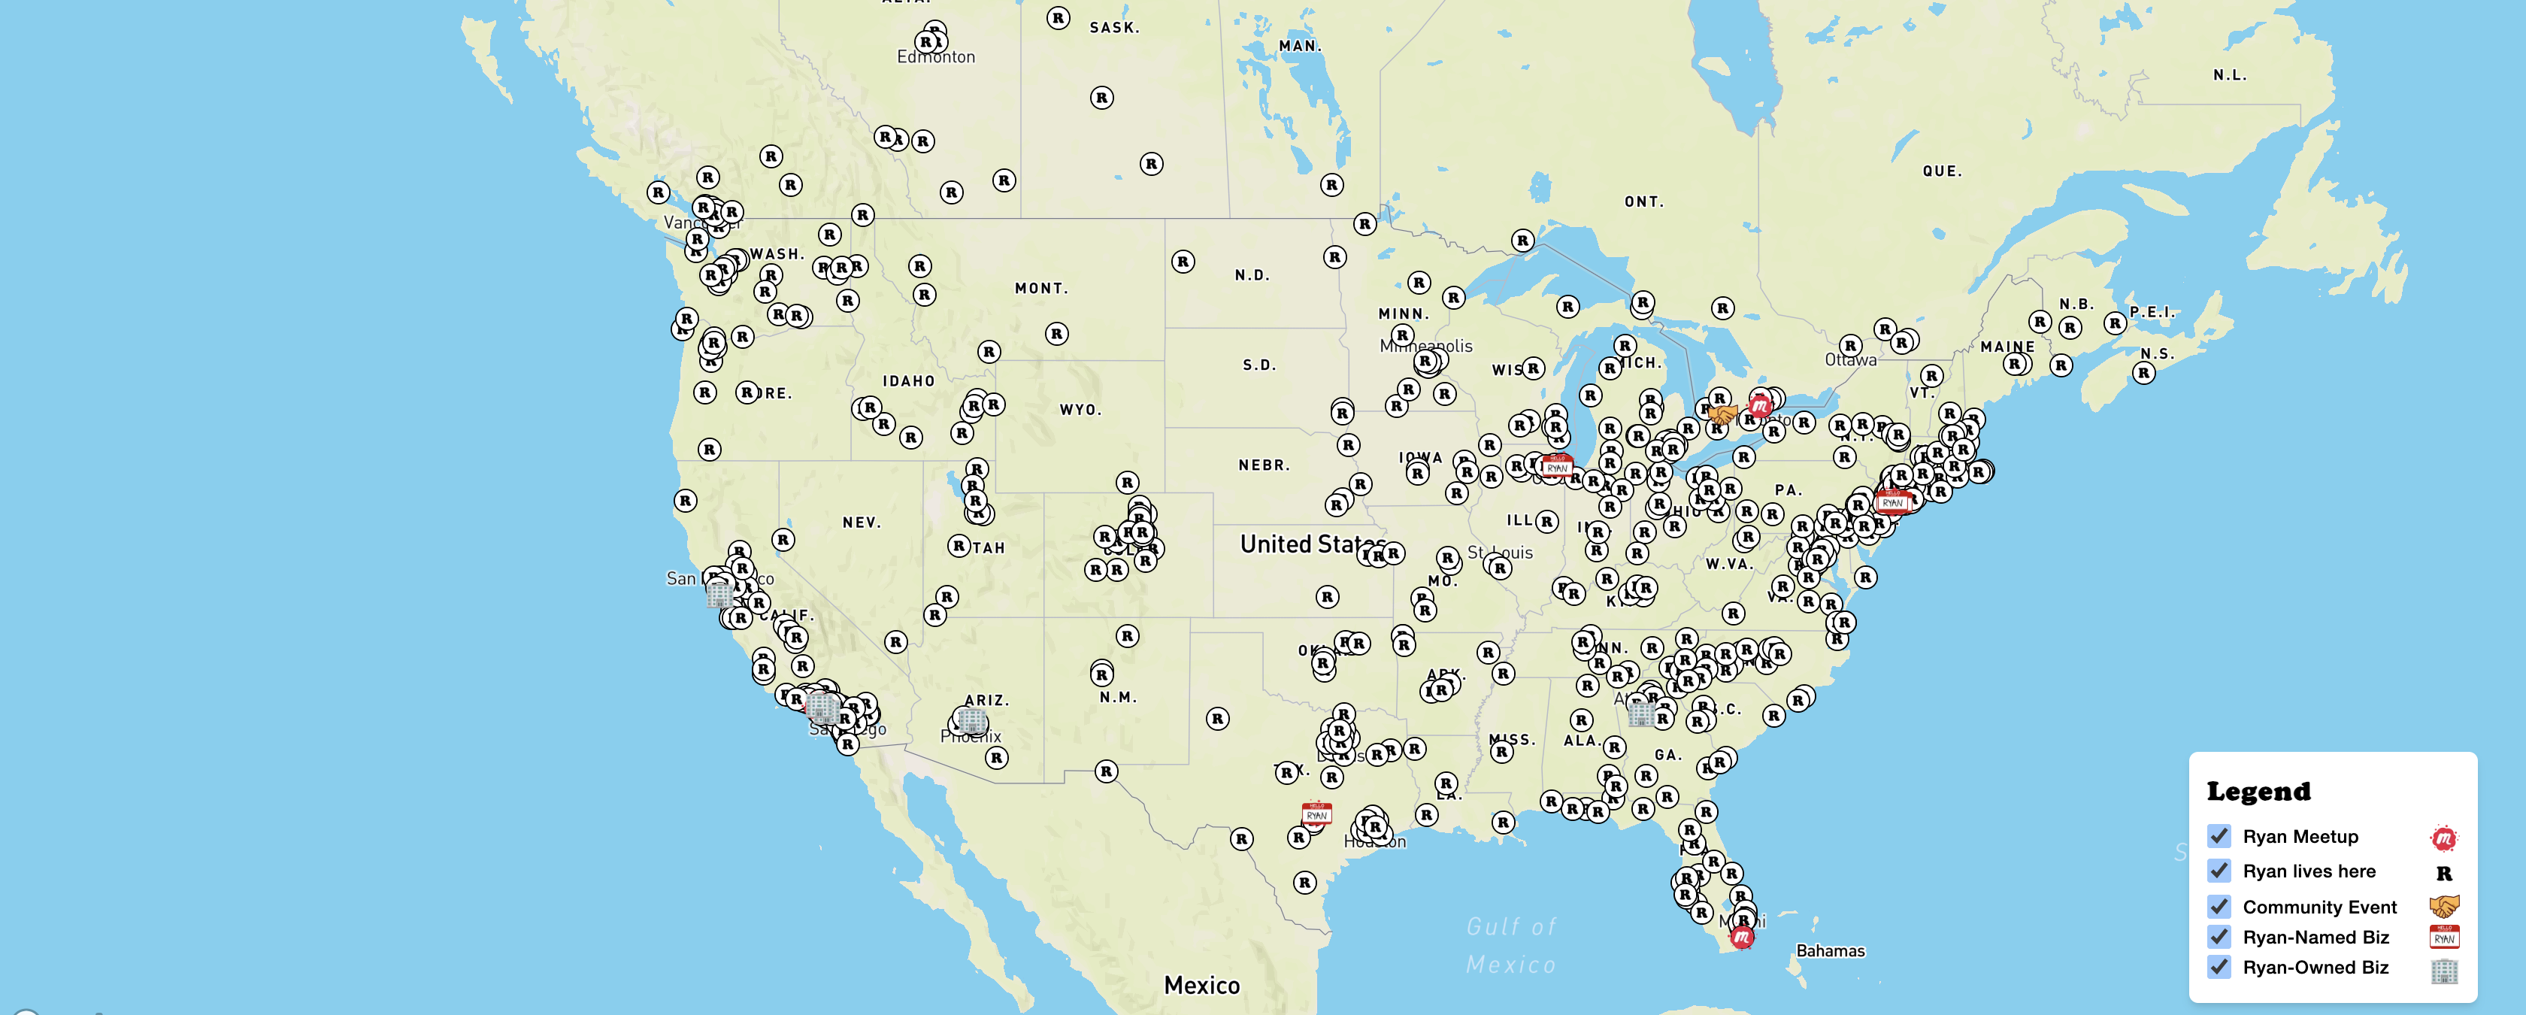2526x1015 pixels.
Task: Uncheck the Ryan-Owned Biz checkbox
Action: [2219, 967]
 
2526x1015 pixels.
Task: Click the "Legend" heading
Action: [2258, 792]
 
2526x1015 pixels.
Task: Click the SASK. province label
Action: [1114, 28]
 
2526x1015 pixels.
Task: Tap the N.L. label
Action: [2230, 75]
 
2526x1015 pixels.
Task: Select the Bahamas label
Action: [1830, 950]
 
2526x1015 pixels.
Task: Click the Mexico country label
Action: [1201, 985]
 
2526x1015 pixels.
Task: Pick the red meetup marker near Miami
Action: [1742, 938]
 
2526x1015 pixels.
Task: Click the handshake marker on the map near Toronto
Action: [1722, 415]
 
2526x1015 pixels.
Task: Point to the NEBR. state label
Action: [1263, 465]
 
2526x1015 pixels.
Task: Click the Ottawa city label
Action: [1850, 361]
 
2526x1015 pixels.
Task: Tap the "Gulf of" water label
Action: [1510, 926]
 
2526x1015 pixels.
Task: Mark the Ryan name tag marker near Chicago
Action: [1556, 466]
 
